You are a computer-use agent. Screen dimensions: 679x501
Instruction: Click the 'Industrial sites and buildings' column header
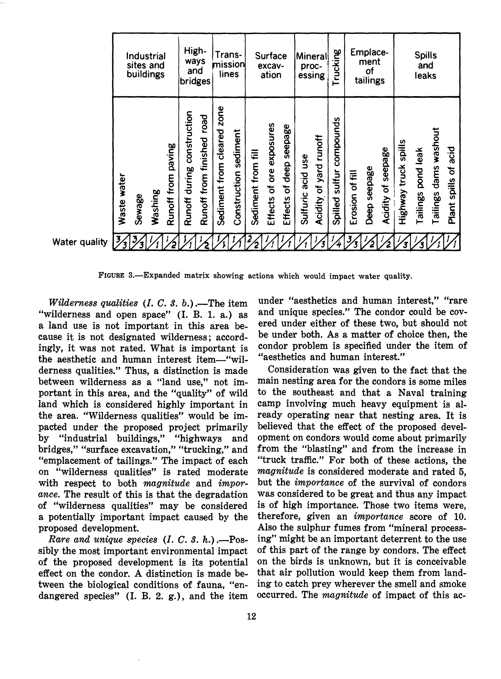point(146,65)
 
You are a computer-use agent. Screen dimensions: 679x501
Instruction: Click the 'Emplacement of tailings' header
point(369,66)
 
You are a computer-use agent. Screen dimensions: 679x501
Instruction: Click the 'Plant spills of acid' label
point(452,185)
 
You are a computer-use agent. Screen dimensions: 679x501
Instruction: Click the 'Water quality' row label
point(80,242)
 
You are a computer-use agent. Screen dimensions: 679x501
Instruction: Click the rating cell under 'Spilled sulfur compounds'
point(336,242)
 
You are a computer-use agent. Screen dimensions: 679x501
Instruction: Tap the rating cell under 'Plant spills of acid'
point(452,242)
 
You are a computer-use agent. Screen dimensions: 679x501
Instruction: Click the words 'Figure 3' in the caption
point(116,275)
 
